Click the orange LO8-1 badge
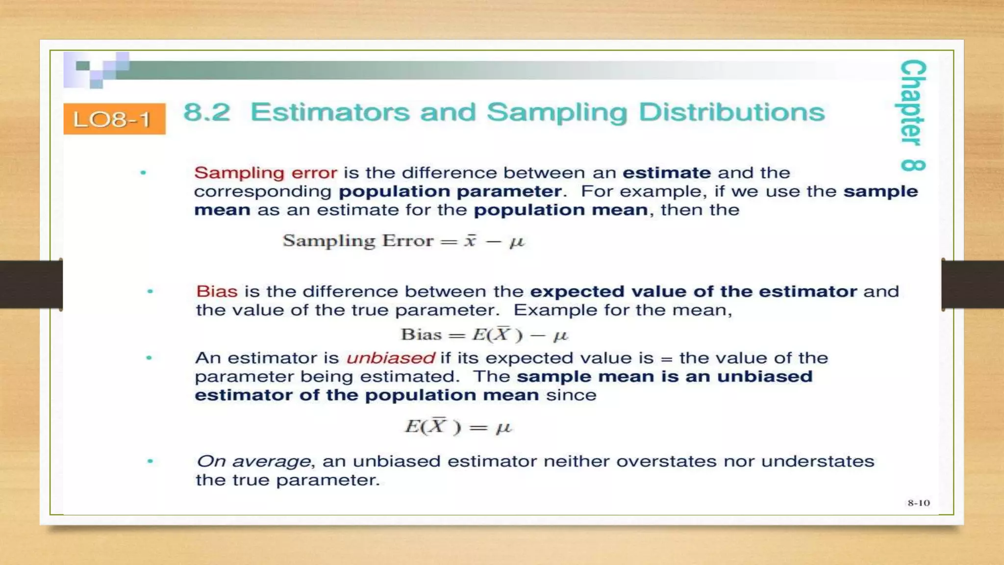click(x=114, y=119)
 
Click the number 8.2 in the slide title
click(x=207, y=112)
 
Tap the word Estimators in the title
click(x=330, y=112)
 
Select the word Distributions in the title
click(x=732, y=112)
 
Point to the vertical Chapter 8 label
click(x=913, y=115)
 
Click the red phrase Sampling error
click(x=266, y=173)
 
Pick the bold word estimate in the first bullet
click(x=667, y=173)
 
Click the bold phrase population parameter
click(x=450, y=191)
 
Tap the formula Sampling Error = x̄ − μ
click(x=403, y=241)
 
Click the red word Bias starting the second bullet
click(x=217, y=291)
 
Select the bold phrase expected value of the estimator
click(x=693, y=291)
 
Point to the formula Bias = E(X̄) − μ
click(x=484, y=335)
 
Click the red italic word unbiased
click(x=390, y=358)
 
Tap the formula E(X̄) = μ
click(x=458, y=427)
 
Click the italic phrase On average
click(x=253, y=462)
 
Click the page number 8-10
click(x=918, y=503)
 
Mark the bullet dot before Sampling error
click(x=144, y=173)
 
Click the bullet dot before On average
click(x=150, y=461)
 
